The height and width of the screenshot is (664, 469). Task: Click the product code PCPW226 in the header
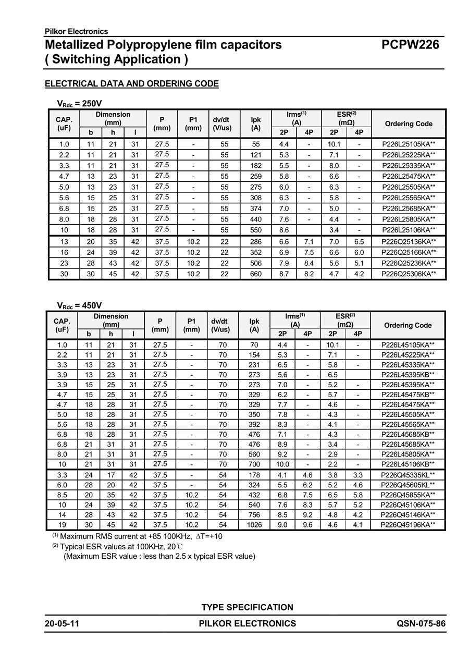click(410, 45)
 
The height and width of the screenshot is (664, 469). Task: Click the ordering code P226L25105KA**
click(409, 144)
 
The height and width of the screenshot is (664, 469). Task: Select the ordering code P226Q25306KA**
click(409, 274)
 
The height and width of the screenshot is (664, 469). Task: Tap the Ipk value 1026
click(254, 525)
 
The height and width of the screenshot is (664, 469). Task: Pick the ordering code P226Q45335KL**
click(408, 475)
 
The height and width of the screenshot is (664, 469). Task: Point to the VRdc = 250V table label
click(79, 103)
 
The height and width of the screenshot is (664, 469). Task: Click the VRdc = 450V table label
click(79, 305)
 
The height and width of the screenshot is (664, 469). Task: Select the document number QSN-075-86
click(421, 623)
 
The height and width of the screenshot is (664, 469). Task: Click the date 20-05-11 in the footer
click(62, 623)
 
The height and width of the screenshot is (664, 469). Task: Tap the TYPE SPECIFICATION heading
click(247, 607)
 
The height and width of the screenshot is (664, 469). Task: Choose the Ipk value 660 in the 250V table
click(256, 274)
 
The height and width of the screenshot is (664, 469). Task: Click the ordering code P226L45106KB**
click(408, 464)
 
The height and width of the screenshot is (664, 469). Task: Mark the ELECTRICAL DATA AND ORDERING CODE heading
click(132, 84)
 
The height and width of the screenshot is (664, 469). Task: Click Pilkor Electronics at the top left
click(77, 31)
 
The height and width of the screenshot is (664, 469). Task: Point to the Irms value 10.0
click(282, 464)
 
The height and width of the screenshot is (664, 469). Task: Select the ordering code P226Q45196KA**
click(408, 525)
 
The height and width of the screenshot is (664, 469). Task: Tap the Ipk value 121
click(256, 155)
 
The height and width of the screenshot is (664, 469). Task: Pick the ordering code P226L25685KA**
click(409, 208)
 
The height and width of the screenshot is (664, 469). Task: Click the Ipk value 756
click(254, 514)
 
